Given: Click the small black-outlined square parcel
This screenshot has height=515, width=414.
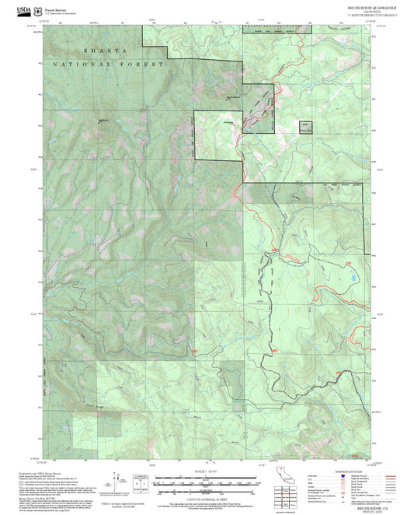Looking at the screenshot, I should click(x=306, y=126).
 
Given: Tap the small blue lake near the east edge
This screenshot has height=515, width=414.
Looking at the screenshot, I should click(x=354, y=277).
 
